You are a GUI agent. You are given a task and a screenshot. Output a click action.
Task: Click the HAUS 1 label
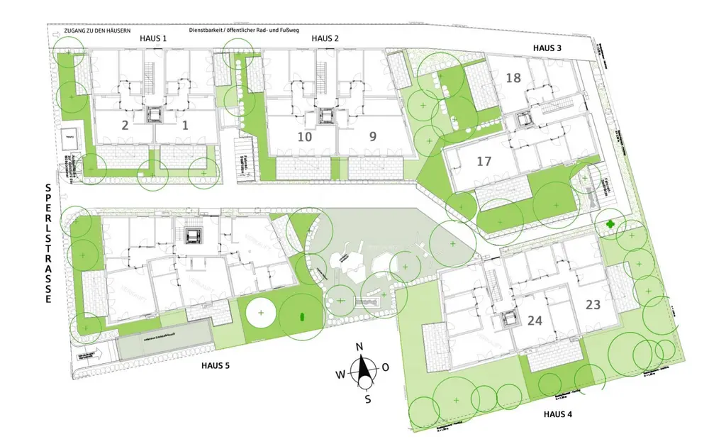pos(153,38)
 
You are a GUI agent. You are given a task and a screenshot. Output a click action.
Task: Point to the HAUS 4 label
pos(558,414)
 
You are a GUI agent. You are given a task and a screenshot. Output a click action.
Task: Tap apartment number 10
pos(305,136)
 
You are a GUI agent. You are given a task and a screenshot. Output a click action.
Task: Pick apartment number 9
pos(374,136)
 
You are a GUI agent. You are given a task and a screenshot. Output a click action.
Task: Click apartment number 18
pos(514,78)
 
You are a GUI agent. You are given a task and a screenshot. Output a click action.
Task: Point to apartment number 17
pos(484,162)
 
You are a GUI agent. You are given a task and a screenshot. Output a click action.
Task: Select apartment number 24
pos(535,321)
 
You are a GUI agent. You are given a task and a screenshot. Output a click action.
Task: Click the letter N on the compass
pos(359,346)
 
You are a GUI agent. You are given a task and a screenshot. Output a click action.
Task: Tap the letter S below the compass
pos(367,399)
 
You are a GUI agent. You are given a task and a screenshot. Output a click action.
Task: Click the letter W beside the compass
pos(340,374)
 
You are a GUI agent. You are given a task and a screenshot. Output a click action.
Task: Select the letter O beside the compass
pos(386,367)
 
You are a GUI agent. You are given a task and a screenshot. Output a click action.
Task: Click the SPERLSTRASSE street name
pos(48,244)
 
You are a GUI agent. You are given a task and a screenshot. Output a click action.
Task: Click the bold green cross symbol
pos(610,224)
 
